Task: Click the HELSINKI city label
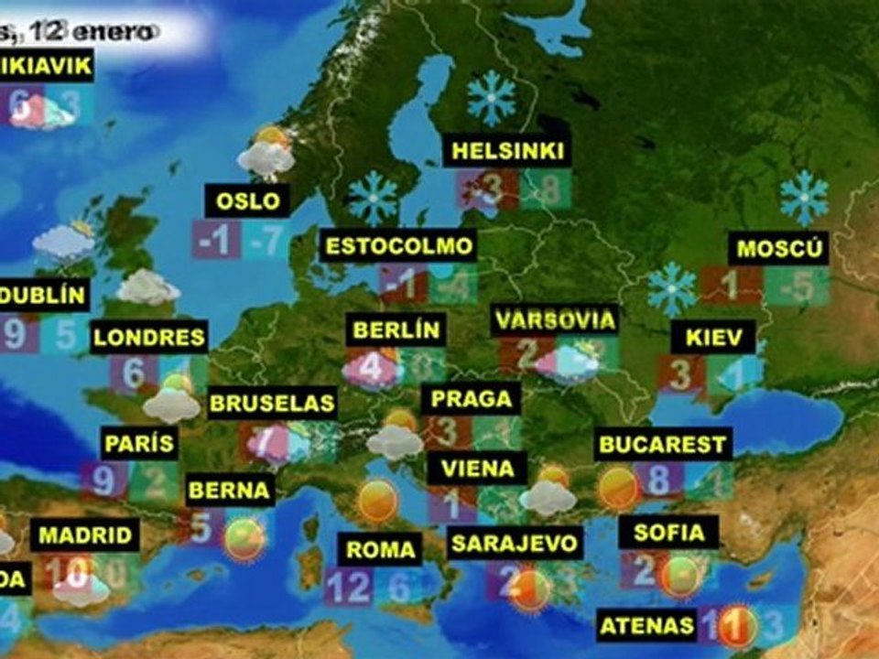[508, 151]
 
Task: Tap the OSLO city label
[247, 200]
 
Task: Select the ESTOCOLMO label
[400, 246]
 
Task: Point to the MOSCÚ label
[782, 248]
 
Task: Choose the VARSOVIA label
[554, 320]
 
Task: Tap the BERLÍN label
[396, 329]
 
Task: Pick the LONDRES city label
[150, 336]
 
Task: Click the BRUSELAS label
[272, 403]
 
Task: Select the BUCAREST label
[662, 446]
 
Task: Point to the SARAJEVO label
[515, 543]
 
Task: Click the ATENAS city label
[647, 626]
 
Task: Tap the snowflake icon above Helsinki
[492, 98]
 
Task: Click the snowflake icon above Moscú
[804, 197]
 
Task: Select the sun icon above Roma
[376, 502]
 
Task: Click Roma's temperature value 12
[348, 587]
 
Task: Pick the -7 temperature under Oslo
[267, 240]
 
